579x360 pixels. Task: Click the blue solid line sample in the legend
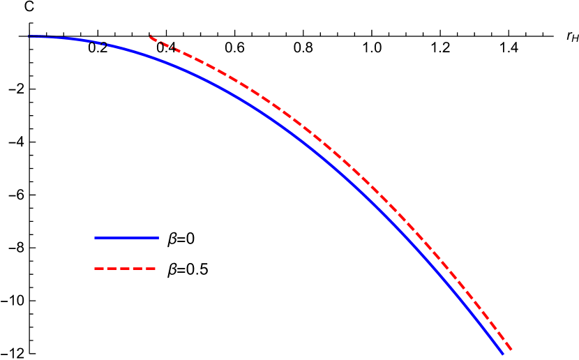[x=126, y=238]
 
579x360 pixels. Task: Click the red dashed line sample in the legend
[x=125, y=269]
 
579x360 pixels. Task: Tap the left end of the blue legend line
[x=96, y=238]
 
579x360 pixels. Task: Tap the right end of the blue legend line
[x=158, y=238]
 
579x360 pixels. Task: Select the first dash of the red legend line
[x=99, y=269]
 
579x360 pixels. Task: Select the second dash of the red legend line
[x=112, y=269]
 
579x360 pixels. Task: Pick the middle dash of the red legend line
[x=125, y=269]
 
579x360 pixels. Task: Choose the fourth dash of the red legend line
[x=137, y=269]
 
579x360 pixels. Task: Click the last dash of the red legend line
[x=150, y=269]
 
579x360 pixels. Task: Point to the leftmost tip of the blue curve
[x=29, y=36]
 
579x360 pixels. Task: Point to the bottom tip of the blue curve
[x=502, y=354]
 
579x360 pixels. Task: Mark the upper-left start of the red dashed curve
[x=151, y=37]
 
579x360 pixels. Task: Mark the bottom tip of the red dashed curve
[x=511, y=350]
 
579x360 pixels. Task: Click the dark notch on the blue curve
[x=105, y=44]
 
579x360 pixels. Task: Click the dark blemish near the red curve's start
[x=163, y=43]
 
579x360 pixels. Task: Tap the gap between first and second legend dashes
[x=105, y=269]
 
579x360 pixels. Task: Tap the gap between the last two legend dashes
[x=144, y=269]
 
